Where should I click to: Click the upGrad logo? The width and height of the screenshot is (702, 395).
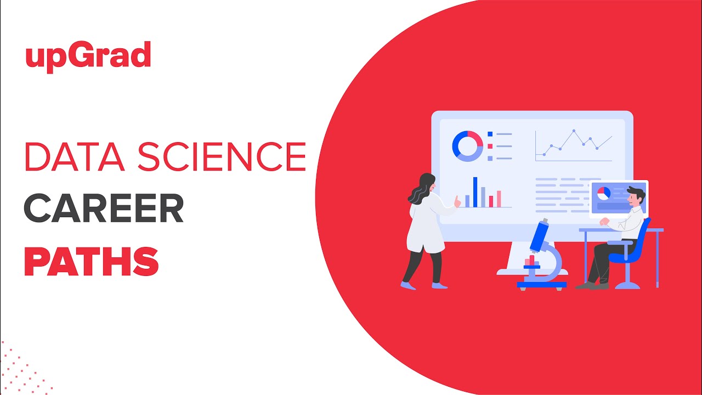(x=88, y=57)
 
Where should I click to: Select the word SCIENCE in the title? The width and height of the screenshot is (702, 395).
(x=222, y=156)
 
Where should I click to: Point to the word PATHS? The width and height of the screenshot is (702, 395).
(x=91, y=261)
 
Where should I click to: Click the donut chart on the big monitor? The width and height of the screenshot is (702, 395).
(x=467, y=146)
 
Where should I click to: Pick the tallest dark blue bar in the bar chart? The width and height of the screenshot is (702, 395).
(x=475, y=192)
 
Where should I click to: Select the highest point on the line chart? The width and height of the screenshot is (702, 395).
(x=574, y=131)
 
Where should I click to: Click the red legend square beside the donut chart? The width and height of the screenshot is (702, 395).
(x=490, y=146)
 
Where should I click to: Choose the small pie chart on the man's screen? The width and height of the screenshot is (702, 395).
(x=604, y=193)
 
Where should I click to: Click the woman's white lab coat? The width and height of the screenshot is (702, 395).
(x=426, y=225)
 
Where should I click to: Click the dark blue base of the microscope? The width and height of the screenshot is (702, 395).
(x=542, y=285)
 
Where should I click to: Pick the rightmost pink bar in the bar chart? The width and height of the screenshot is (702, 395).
(x=499, y=199)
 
